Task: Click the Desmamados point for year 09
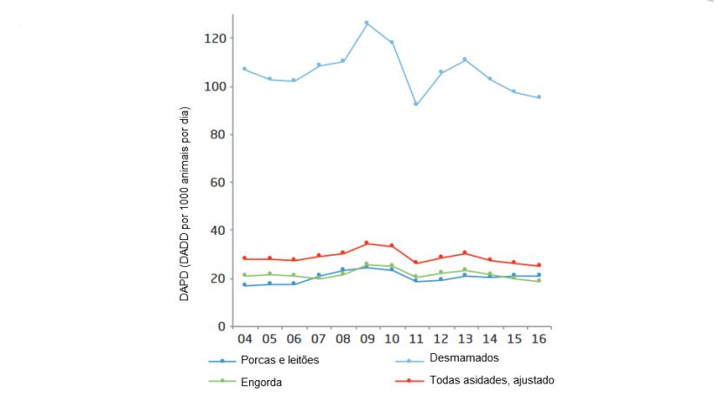[x=367, y=23]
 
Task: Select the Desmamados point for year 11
[x=416, y=104]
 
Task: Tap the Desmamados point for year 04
[x=245, y=69]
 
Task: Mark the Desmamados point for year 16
[x=539, y=97]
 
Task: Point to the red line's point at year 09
[x=367, y=243]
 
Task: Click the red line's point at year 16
[x=539, y=265]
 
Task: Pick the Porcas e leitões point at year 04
[x=245, y=284]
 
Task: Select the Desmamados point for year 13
[x=465, y=59]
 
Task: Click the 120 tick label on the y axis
[x=215, y=38]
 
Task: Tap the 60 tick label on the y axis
[x=219, y=183]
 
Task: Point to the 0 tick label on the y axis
[x=221, y=326]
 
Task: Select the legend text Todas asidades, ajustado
[x=492, y=380]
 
